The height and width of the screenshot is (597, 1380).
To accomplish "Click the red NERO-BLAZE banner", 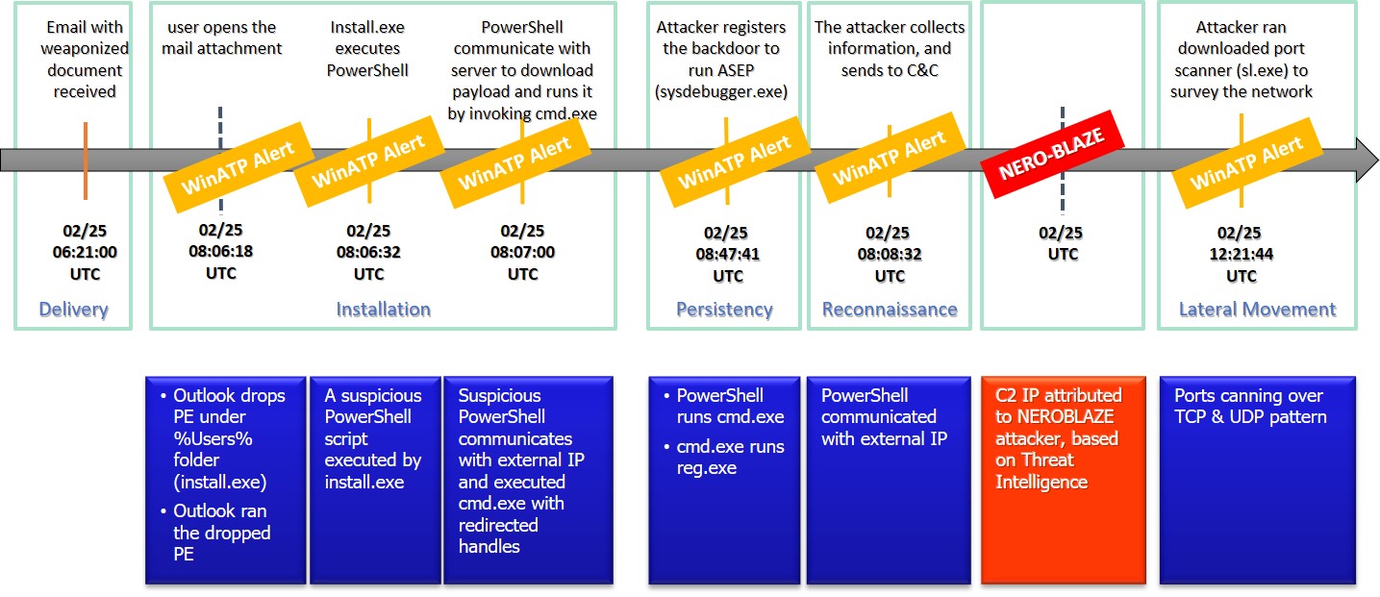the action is pyautogui.click(x=1052, y=154).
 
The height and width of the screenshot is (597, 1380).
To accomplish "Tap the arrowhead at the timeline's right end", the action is pyautogui.click(x=1366, y=160).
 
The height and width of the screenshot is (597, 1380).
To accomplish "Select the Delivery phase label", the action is pyautogui.click(x=73, y=310).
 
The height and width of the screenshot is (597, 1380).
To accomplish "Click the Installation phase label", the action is pyautogui.click(x=383, y=310).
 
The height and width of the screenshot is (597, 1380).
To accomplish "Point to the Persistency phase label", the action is pyautogui.click(x=724, y=310).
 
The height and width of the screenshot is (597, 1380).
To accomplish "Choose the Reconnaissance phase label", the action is pyautogui.click(x=890, y=310).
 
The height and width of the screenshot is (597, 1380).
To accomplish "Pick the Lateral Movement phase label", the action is pyautogui.click(x=1258, y=310).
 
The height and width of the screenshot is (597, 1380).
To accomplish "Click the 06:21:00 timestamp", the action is pyautogui.click(x=85, y=252).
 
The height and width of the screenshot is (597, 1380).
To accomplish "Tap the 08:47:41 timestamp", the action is pyautogui.click(x=728, y=254).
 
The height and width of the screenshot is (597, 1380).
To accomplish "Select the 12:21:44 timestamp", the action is pyautogui.click(x=1242, y=254).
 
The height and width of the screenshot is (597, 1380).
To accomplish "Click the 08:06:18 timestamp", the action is pyautogui.click(x=220, y=251).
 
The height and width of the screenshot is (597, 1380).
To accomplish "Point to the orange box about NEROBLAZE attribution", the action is pyautogui.click(x=1064, y=480).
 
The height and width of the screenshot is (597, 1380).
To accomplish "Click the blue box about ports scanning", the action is pyautogui.click(x=1258, y=480).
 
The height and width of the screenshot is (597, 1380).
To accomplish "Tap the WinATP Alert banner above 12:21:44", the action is pyautogui.click(x=1246, y=162).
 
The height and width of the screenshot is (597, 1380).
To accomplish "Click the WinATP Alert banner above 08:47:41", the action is pyautogui.click(x=734, y=162).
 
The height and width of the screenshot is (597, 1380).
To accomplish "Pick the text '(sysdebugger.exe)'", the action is pyautogui.click(x=721, y=91).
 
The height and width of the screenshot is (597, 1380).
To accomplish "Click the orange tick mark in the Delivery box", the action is pyautogui.click(x=86, y=161).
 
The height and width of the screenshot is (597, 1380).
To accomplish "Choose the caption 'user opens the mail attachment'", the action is pyautogui.click(x=222, y=37).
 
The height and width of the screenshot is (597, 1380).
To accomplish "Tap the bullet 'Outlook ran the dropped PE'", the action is pyautogui.click(x=222, y=533).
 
